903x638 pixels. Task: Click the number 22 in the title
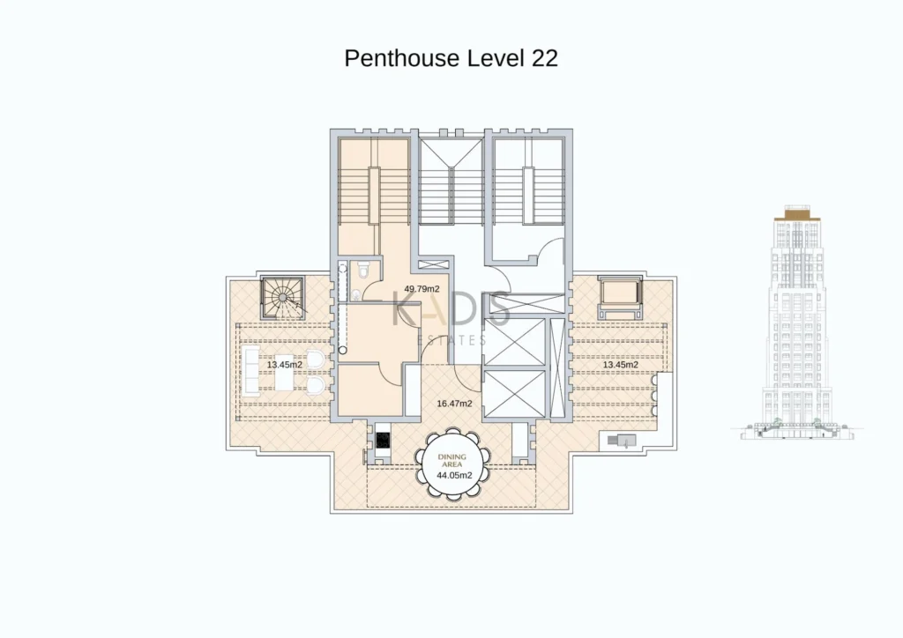pos(544,58)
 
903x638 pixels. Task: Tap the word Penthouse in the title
pos(402,58)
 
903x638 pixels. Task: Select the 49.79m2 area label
pos(422,289)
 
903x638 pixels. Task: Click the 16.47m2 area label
pos(454,404)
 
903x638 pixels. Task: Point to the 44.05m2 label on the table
pos(454,475)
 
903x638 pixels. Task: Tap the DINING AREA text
pos(452,460)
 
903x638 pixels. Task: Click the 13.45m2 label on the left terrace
pos(285,365)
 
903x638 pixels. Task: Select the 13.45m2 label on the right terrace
pos(620,365)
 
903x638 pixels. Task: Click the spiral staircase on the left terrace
pos(282,298)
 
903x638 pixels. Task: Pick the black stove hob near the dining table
pos(383,441)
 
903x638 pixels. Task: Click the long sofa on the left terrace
pos(250,370)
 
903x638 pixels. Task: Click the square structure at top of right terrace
pos(620,298)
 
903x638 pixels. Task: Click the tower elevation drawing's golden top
pos(797,216)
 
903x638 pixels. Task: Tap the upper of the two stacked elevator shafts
pos(514,342)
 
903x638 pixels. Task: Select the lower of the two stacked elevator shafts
pos(514,393)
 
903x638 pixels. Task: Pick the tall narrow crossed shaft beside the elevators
pos(556,367)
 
